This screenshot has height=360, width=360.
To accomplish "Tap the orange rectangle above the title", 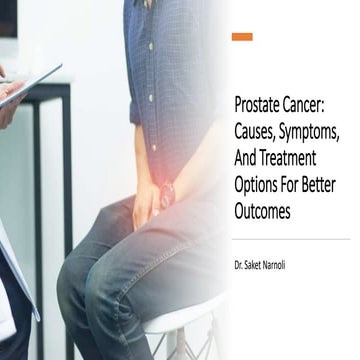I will [242, 37].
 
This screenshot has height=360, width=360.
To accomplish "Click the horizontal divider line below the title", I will [290, 238].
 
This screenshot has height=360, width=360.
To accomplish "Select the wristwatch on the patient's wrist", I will [166, 192].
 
